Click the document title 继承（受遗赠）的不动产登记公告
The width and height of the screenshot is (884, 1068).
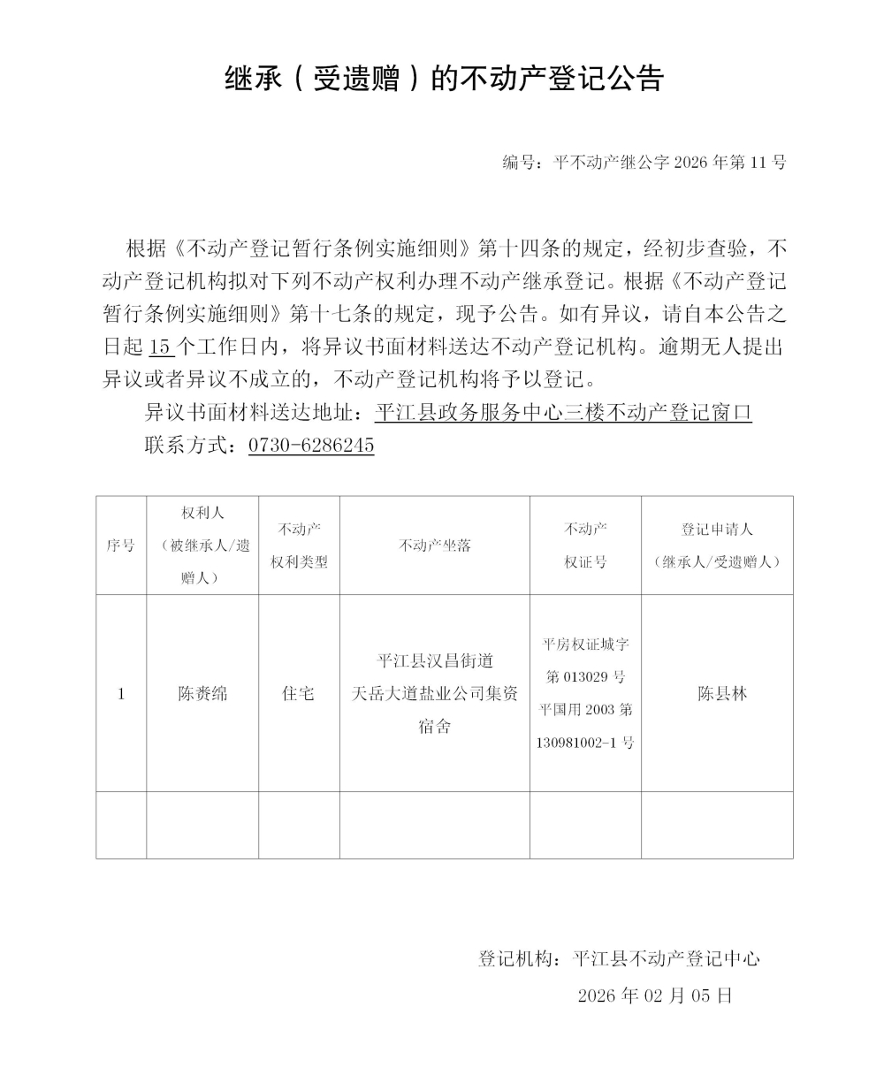(x=444, y=80)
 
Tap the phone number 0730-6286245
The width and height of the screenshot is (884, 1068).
(x=311, y=445)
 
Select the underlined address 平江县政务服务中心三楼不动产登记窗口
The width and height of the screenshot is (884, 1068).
(x=563, y=412)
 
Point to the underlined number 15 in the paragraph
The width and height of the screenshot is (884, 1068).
(x=160, y=346)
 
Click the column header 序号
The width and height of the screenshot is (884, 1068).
(x=120, y=545)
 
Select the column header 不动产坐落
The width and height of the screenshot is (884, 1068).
(x=434, y=545)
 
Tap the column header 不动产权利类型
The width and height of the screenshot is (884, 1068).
(x=299, y=545)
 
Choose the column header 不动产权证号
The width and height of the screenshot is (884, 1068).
(x=585, y=545)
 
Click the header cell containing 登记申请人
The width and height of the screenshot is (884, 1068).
(x=717, y=545)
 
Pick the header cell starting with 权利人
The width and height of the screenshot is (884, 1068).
(x=202, y=545)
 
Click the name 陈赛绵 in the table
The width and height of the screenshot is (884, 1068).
(x=202, y=694)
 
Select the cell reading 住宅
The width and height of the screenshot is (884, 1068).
(x=299, y=694)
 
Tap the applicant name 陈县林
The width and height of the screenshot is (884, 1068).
(x=722, y=694)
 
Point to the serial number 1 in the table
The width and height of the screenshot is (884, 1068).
(x=120, y=694)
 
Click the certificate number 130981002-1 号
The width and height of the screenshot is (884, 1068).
(x=585, y=743)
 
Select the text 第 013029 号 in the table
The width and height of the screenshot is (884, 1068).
(x=585, y=677)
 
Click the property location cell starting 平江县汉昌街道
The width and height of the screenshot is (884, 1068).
(x=434, y=694)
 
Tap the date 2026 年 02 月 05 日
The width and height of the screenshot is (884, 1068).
(x=655, y=996)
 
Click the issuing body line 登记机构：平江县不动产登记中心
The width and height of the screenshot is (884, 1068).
(x=619, y=958)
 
